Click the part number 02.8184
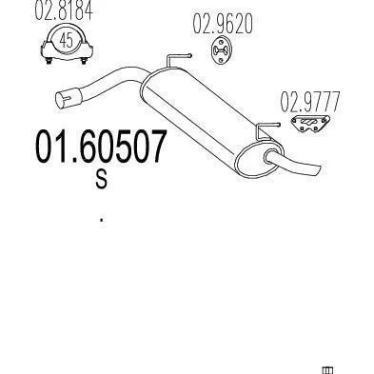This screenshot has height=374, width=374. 64,11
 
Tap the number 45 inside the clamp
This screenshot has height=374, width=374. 67,40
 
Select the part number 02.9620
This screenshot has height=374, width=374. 223,24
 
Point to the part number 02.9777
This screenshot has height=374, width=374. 310,102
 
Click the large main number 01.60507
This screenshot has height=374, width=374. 101,147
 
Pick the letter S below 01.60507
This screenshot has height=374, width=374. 102,179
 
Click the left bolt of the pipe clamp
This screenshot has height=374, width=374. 49,61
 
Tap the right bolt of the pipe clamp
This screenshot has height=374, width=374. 84,61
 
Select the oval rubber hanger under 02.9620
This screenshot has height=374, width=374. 222,50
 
